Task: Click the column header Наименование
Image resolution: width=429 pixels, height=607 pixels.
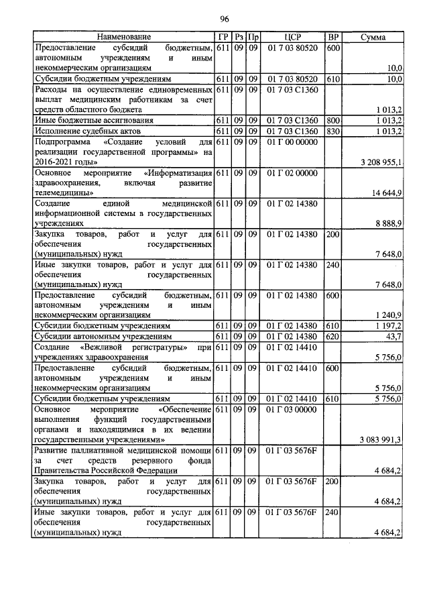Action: click(123, 36)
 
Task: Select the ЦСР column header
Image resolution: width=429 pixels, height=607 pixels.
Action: click(294, 36)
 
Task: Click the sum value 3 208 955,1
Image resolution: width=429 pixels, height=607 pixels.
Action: click(381, 162)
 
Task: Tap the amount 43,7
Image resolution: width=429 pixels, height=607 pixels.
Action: click(391, 335)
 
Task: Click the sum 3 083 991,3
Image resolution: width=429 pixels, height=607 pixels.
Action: click(381, 439)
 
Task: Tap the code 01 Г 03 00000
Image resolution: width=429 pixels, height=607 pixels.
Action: click(294, 408)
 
